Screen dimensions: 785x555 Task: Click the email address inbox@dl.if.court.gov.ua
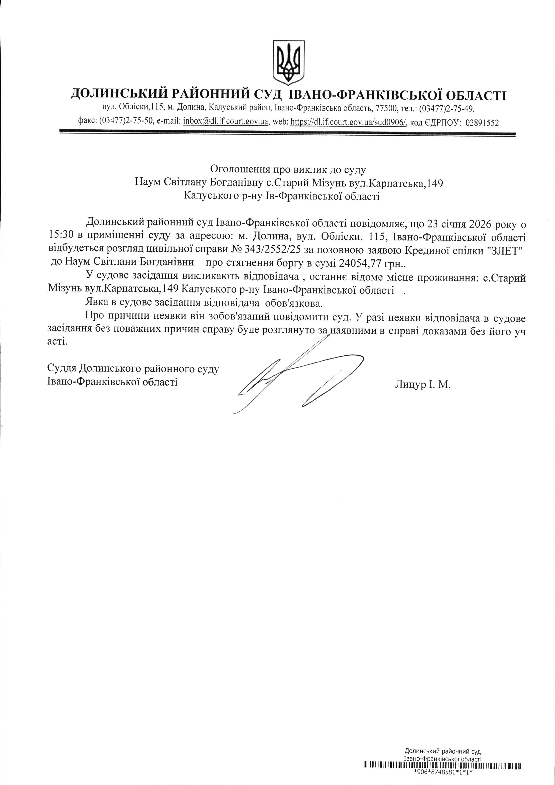point(226,122)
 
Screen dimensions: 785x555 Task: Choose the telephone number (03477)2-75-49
point(446,108)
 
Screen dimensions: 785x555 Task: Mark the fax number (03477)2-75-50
point(126,122)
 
